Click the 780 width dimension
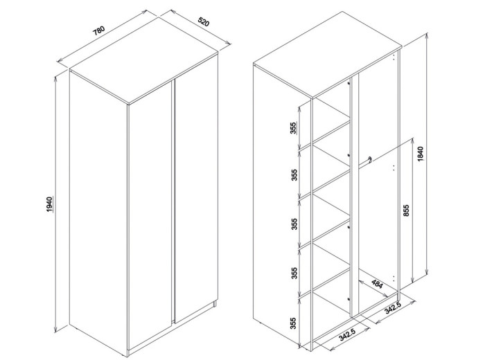tap(99, 31)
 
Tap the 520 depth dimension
tap(204, 22)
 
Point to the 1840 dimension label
tap(421, 154)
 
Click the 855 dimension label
tap(407, 210)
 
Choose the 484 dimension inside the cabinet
tap(377, 284)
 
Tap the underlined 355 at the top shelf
tap(294, 128)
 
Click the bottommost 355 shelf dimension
tap(294, 323)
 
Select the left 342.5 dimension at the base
tap(346, 334)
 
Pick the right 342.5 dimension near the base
tap(393, 308)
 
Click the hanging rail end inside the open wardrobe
tap(369, 160)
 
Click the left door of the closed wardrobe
tap(150, 215)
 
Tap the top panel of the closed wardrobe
tap(143, 60)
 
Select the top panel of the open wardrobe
tap(327, 55)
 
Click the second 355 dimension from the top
tap(294, 175)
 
